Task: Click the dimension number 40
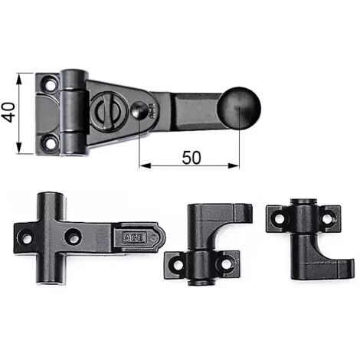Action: pos(8,113)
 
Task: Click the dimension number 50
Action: pos(191,158)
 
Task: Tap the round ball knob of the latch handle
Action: pos(239,108)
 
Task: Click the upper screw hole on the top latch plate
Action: pos(51,84)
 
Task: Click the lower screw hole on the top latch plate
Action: pos(51,143)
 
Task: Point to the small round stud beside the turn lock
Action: pos(139,110)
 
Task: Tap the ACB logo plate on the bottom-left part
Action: pos(135,238)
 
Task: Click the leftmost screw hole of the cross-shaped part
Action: pos(27,239)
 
